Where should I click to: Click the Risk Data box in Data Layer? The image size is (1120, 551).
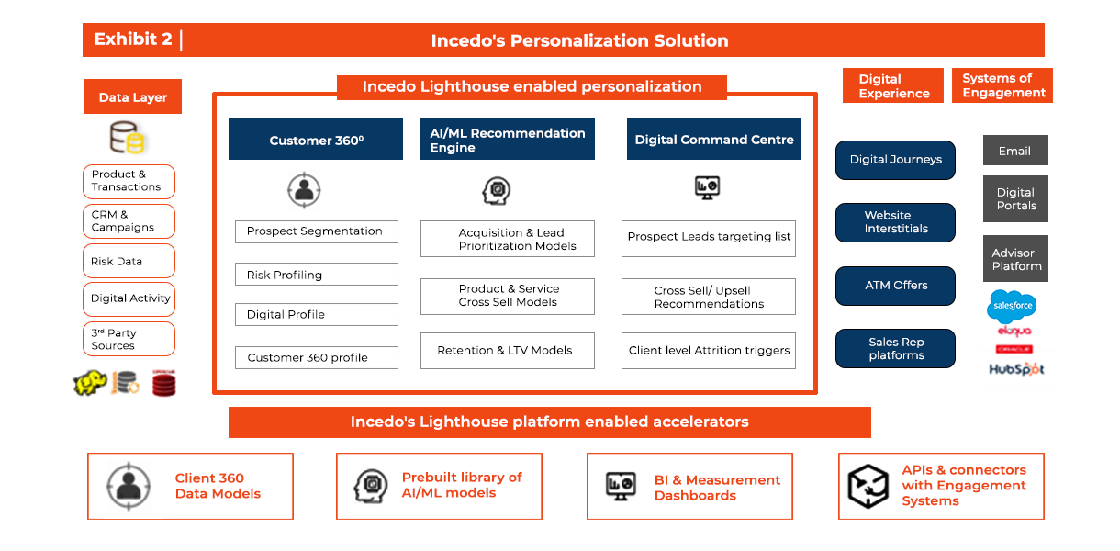click(129, 262)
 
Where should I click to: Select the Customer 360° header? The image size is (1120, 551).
click(316, 140)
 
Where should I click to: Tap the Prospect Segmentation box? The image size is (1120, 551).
click(316, 231)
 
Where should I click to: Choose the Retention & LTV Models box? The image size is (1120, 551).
click(507, 351)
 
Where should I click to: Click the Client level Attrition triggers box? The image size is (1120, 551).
click(709, 351)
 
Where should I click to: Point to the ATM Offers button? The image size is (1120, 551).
click(895, 286)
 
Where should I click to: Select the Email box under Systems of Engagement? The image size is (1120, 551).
click(1014, 151)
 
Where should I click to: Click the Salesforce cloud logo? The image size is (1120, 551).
click(1012, 305)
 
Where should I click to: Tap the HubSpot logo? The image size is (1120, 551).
click(1016, 369)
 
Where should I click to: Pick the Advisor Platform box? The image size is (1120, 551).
click(1015, 259)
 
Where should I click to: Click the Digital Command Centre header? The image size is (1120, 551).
click(714, 140)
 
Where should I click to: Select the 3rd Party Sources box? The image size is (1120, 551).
click(129, 339)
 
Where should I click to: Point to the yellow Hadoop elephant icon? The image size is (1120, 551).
click(90, 383)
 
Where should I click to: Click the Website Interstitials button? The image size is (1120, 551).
click(895, 222)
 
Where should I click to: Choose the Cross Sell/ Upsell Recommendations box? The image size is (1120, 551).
click(709, 297)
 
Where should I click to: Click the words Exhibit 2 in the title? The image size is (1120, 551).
click(133, 39)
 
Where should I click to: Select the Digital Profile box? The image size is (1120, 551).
click(316, 314)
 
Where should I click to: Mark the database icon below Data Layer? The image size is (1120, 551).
click(128, 139)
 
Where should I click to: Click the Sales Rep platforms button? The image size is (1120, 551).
click(895, 349)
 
